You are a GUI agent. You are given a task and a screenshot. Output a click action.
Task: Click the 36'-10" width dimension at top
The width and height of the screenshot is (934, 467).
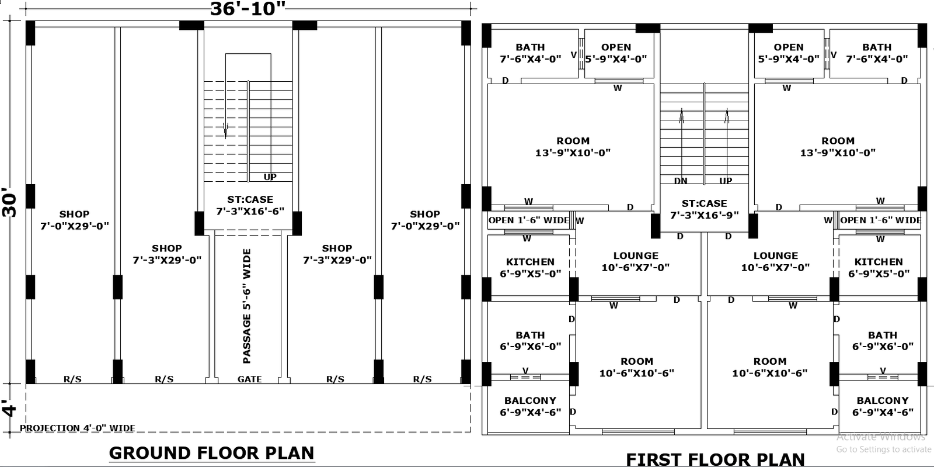pos(248,9)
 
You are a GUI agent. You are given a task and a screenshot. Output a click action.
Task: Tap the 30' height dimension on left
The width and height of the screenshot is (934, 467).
pos(11,202)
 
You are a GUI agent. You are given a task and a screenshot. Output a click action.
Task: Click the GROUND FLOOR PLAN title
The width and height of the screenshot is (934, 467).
pos(211,453)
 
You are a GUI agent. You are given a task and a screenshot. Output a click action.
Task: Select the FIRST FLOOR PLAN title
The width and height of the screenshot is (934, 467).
pos(715,459)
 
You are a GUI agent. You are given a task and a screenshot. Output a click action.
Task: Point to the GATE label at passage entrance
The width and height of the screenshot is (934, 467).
pos(249,379)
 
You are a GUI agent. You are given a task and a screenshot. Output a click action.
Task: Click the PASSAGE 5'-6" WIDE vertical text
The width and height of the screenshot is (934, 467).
pos(247,306)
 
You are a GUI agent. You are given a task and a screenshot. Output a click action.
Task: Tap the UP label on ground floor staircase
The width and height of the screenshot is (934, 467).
pos(270,177)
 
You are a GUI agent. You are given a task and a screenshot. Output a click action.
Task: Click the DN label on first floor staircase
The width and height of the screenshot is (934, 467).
pos(681,181)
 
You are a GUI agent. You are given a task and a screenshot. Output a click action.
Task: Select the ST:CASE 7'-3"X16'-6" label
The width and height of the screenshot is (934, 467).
pos(250,205)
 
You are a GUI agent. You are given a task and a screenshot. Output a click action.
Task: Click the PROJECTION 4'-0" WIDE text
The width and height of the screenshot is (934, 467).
pos(78,428)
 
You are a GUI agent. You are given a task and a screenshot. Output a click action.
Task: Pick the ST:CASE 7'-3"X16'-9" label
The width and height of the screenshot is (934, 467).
pos(704,209)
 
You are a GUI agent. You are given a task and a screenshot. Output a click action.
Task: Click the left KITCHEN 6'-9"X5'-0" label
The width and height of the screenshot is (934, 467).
pos(530,267)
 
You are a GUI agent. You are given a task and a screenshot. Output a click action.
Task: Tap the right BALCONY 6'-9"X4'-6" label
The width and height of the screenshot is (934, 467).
pos(882,406)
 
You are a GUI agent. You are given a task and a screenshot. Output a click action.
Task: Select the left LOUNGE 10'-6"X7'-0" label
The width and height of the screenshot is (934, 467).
pos(636,261)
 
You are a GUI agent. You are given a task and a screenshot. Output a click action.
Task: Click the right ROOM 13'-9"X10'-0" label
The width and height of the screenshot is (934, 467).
pos(838,147)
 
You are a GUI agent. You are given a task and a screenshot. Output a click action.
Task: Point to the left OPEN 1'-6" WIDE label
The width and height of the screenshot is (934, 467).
pos(528,220)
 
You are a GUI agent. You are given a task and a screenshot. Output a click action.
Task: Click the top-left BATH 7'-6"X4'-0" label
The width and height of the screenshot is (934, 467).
pos(530,53)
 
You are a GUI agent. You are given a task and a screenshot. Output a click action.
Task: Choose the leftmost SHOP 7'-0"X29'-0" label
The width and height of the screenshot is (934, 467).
pos(74,220)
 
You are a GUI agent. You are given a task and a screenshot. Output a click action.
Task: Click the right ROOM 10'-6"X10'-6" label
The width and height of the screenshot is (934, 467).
pos(769,367)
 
